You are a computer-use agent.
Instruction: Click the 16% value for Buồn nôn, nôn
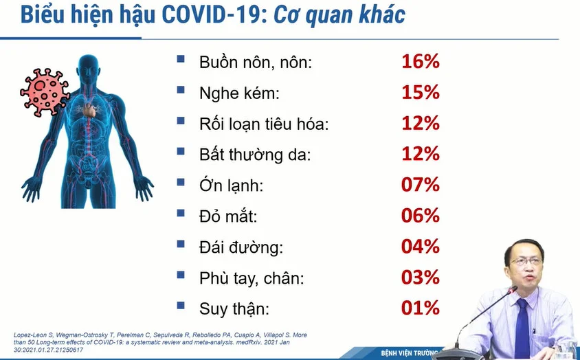point(421,61)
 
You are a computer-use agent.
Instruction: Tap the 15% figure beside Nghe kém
point(421,92)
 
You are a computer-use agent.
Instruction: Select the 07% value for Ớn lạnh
point(421,185)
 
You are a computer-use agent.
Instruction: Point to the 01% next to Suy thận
point(421,308)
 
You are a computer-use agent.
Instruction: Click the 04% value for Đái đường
point(421,247)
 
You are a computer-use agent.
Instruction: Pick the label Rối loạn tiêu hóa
point(264,124)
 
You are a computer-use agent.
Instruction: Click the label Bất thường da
point(255,155)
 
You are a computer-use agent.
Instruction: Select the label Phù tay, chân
point(252,278)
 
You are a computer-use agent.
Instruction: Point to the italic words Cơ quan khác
point(339,15)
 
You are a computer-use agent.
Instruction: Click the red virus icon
point(45,92)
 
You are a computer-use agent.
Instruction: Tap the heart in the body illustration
point(89,110)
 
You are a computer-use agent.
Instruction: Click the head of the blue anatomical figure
point(89,69)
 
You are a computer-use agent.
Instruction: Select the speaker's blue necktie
point(522,328)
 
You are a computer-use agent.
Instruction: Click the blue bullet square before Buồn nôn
point(181,58)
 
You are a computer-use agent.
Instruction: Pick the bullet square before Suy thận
point(181,305)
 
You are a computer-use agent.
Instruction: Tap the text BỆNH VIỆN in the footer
point(396,353)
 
